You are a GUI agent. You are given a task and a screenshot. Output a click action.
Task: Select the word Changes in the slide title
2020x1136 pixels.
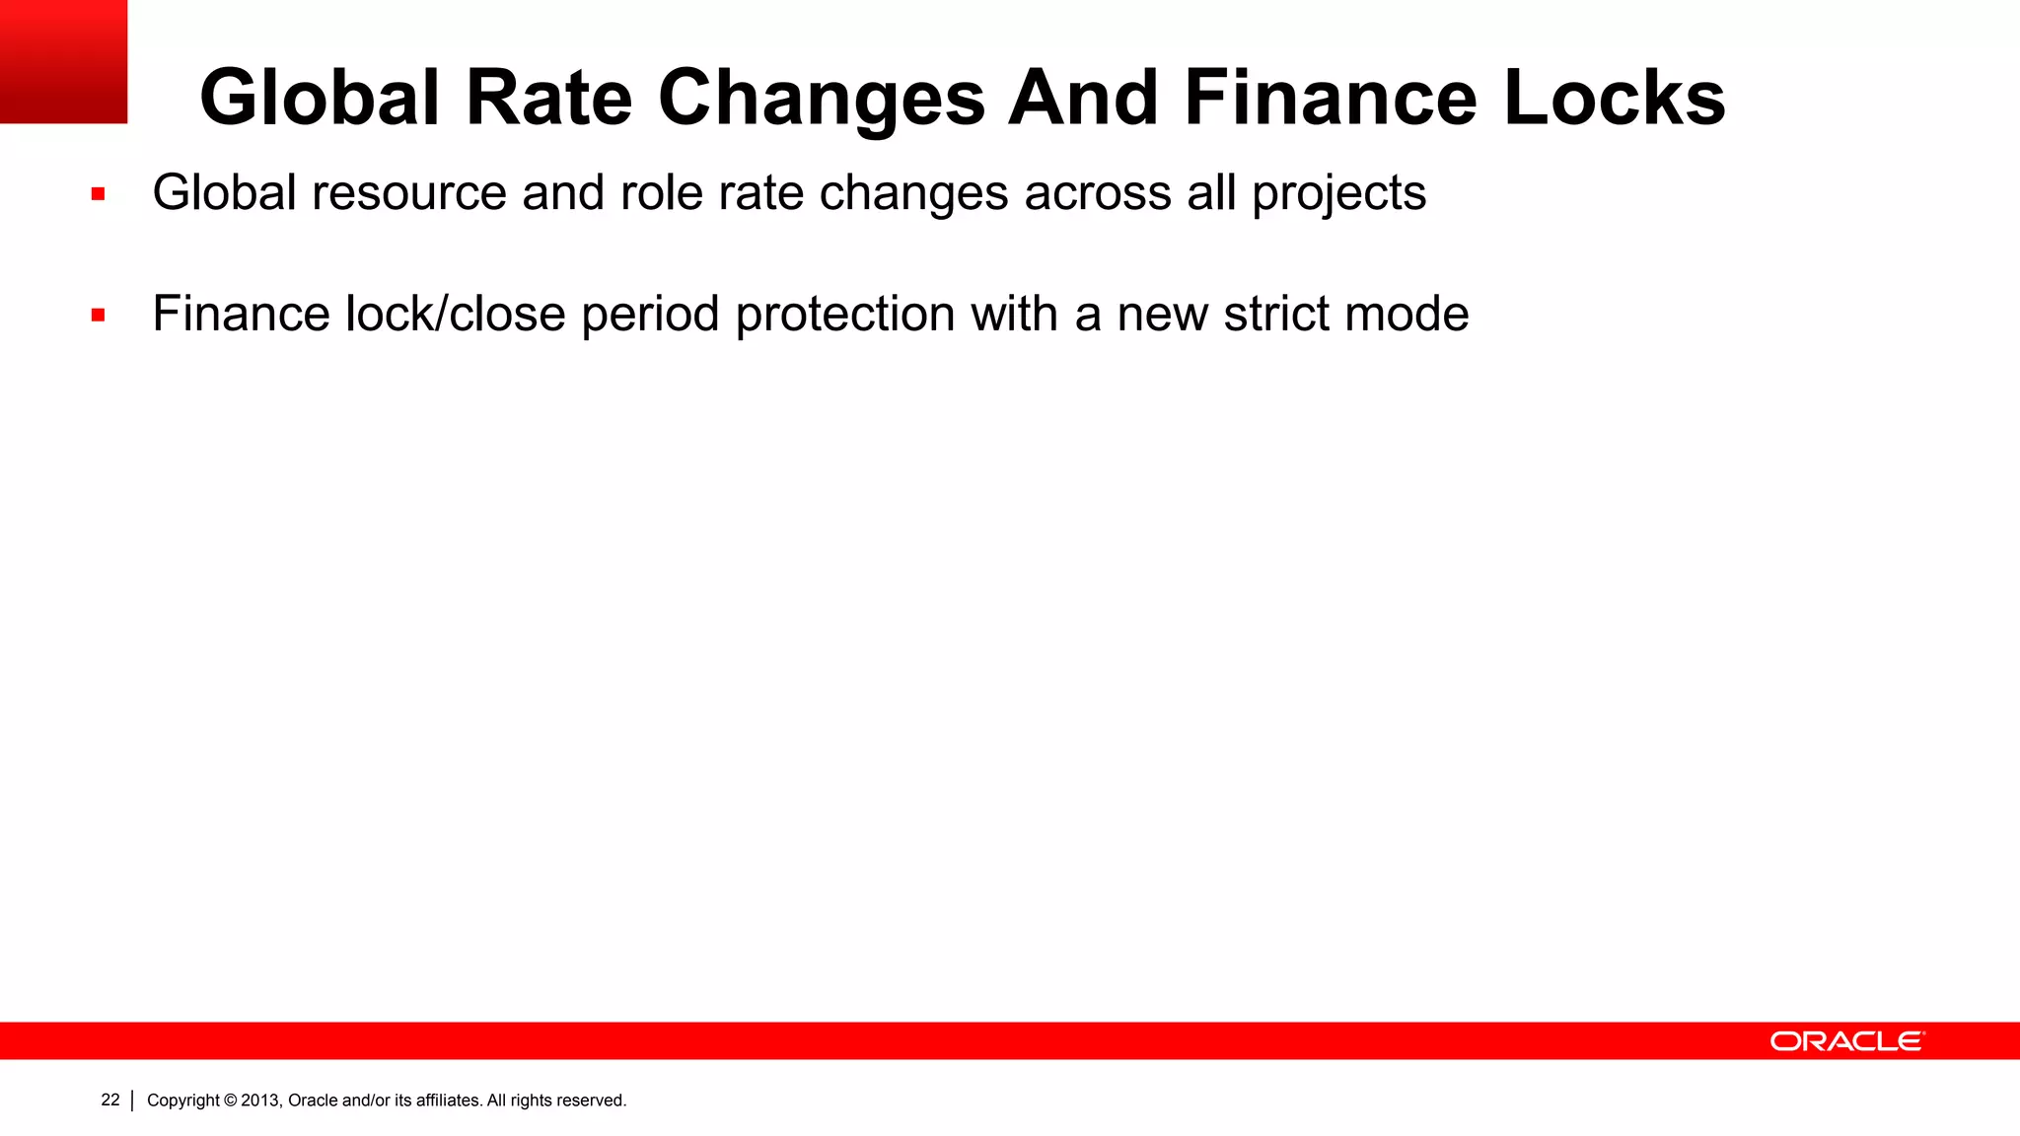[822, 100]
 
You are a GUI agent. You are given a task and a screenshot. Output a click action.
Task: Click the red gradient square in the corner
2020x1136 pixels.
[63, 61]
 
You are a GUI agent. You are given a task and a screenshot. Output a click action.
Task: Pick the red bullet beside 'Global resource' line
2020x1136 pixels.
[98, 194]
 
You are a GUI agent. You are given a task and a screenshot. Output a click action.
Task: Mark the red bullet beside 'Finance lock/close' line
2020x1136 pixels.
[98, 316]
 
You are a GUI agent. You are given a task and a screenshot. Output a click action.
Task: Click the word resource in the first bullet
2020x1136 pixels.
[409, 192]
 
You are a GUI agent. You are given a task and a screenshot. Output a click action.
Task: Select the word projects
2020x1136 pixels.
[1338, 194]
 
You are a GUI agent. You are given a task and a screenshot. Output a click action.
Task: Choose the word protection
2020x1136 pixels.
[845, 316]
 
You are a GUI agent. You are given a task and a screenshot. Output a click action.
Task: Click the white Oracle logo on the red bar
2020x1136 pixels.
[1846, 1041]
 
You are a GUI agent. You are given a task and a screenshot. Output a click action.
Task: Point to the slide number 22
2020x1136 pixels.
[110, 1100]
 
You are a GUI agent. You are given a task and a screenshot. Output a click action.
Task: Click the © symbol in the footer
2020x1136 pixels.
[231, 1100]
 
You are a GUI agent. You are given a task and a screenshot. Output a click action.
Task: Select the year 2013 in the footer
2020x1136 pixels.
[261, 1100]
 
